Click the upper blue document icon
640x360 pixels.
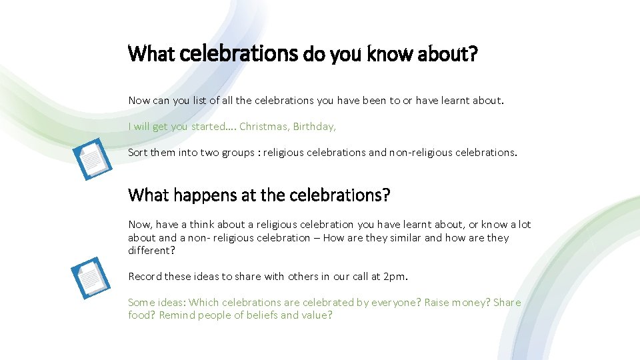tap(93, 159)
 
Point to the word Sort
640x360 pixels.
tap(138, 152)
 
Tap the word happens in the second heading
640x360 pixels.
tap(190, 195)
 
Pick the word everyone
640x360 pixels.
tap(396, 302)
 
